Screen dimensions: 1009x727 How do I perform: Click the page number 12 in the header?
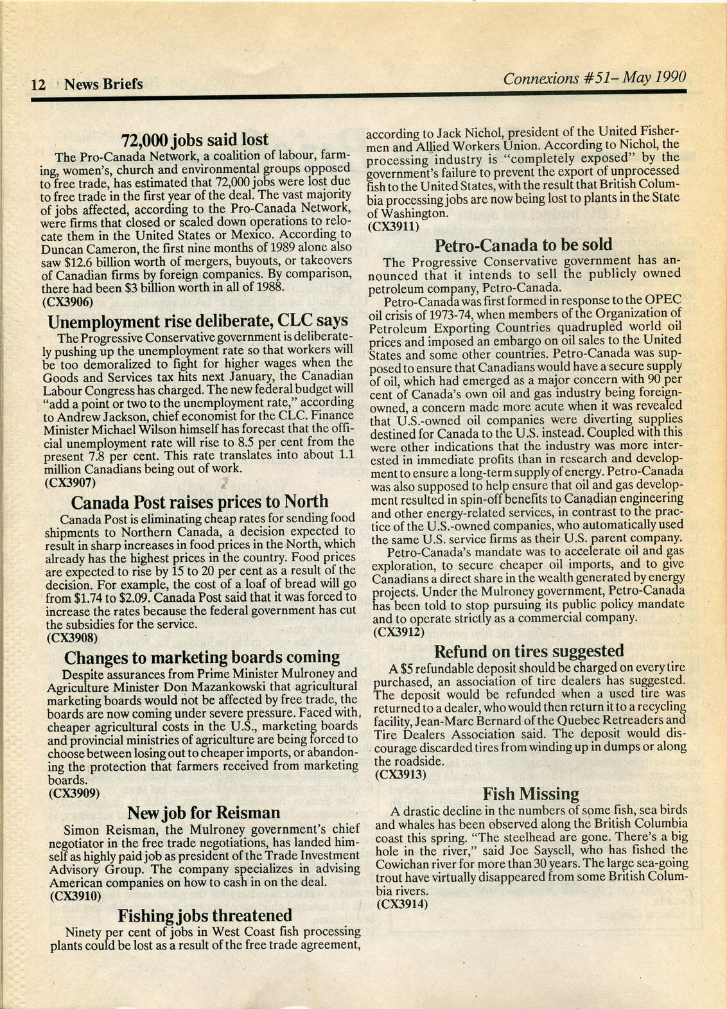point(37,85)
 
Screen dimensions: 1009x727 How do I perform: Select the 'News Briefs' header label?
point(103,84)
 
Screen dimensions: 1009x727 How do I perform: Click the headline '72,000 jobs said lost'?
point(195,139)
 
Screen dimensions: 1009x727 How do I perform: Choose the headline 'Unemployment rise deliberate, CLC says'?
point(198,320)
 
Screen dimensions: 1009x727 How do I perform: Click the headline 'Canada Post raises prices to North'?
point(200,501)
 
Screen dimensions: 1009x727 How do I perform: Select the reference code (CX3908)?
point(73,638)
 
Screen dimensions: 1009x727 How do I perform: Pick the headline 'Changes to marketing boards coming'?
point(202,657)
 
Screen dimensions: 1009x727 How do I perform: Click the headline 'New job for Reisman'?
point(204,812)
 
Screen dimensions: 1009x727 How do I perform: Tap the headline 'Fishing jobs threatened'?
point(205,915)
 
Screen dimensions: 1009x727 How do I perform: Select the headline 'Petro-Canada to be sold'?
point(523,245)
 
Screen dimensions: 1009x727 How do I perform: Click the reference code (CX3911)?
point(393,226)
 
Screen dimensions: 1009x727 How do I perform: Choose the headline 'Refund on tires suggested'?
point(529,651)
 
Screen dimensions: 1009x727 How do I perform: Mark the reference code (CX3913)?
point(399,775)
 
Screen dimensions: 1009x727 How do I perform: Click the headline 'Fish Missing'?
point(530,793)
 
